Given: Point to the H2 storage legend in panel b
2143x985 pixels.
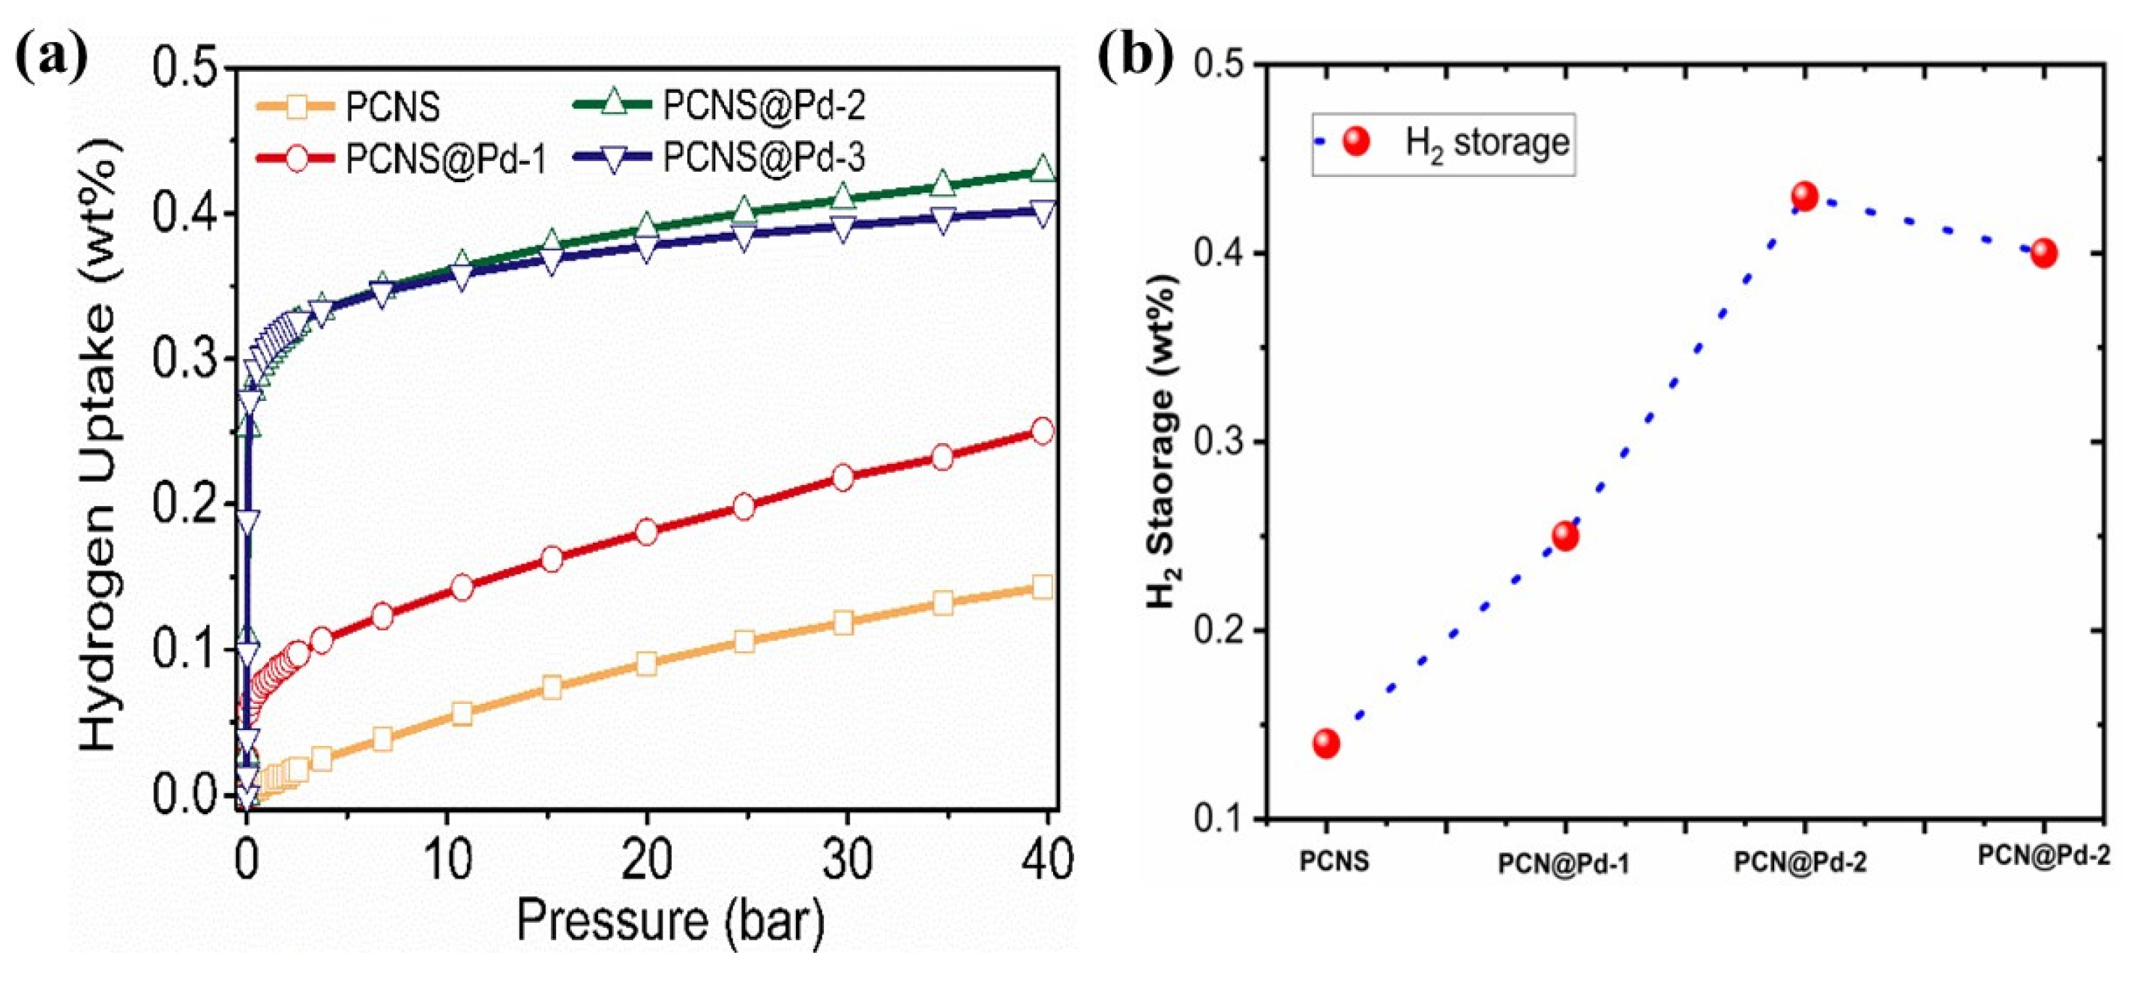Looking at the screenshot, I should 1444,143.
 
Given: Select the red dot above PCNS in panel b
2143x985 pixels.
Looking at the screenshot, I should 1326,743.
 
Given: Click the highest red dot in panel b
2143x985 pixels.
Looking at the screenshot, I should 1804,196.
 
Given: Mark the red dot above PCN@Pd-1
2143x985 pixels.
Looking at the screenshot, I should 1565,536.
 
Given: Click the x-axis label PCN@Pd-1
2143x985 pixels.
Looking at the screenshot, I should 1563,864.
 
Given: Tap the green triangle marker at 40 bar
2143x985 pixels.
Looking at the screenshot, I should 1043,169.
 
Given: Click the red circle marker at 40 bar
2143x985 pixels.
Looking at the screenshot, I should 1043,431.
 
